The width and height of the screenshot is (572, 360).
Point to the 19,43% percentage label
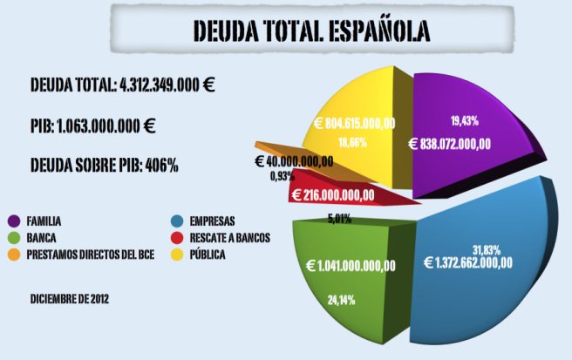coord(464,120)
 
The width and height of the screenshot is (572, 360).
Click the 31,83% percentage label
coord(487,248)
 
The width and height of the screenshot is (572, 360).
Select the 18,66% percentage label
coord(352,141)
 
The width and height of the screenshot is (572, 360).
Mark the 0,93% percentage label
coord(282,176)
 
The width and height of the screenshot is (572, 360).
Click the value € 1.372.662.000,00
coord(468,262)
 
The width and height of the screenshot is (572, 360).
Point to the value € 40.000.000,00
coord(294,161)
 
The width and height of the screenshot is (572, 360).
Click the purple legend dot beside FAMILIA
coord(14,221)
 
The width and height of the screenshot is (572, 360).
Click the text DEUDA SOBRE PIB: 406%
coord(104,165)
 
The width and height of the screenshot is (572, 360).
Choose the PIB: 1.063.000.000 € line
coord(92,125)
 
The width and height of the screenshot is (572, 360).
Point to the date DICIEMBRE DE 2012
coord(69,299)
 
